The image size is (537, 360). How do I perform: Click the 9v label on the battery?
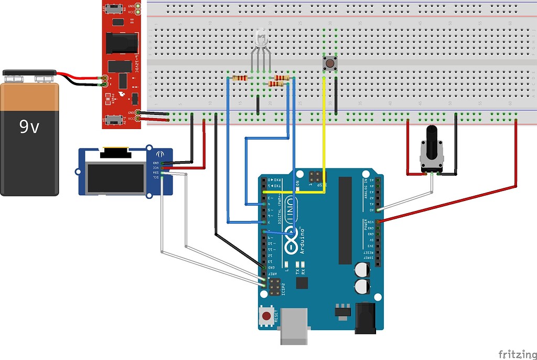coord(29,126)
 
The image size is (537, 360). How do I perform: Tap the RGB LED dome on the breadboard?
coord(261,38)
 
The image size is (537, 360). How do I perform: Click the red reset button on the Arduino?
coord(267,316)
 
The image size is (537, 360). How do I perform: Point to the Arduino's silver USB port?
coord(295,325)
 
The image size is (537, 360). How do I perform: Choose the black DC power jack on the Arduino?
coord(366,318)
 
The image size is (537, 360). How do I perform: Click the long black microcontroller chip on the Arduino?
coord(345,220)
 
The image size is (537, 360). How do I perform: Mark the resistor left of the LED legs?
coord(240,78)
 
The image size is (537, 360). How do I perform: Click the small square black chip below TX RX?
coord(302,283)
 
